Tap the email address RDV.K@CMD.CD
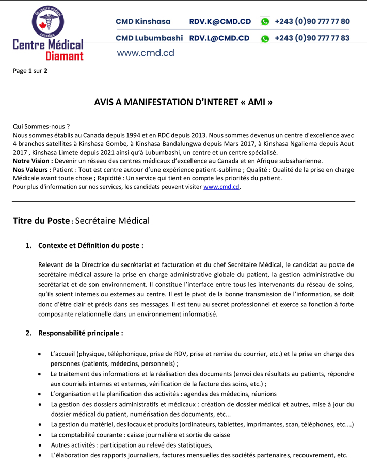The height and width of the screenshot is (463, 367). [220, 22]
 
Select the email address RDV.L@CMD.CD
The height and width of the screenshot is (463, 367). [219, 38]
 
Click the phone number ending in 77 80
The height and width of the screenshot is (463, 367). [312, 22]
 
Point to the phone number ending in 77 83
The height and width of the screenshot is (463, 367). [312, 38]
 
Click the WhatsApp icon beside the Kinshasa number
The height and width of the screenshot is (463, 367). [265, 22]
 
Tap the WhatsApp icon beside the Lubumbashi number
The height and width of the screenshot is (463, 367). [265, 39]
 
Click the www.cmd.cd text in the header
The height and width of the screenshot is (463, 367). [145, 53]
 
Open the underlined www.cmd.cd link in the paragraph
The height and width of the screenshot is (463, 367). [221, 187]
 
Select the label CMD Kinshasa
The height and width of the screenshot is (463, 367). [143, 22]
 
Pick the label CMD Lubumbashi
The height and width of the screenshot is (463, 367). [149, 38]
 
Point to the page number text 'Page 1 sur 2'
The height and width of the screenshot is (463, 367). [30, 71]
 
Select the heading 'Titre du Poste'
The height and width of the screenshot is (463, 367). [41, 221]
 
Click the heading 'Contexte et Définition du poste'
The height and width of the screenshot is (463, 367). [91, 246]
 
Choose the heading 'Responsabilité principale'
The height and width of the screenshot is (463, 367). [81, 333]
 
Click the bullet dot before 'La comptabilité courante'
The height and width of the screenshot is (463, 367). [41, 435]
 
